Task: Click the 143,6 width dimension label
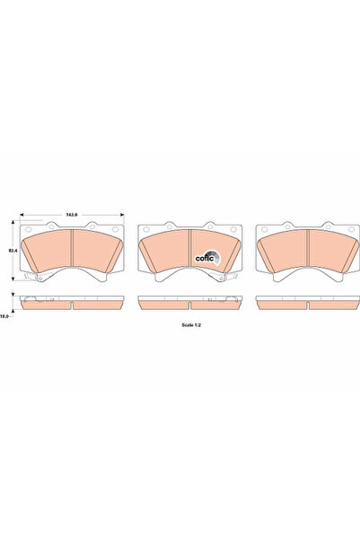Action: [72, 215]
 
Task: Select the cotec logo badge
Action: [206, 256]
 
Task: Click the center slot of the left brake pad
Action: [72, 250]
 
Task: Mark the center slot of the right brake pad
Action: [307, 250]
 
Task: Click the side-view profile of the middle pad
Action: [189, 302]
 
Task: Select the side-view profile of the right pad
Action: [307, 302]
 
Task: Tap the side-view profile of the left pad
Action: [72, 302]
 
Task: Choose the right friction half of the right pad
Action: [329, 249]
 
